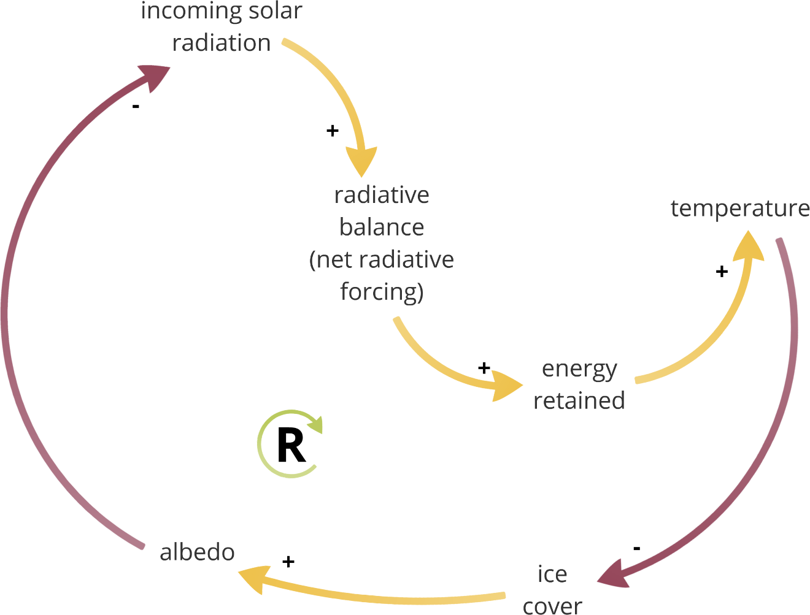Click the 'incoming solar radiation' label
222,27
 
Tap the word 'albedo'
197,552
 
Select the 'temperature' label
740,208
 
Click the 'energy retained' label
579,384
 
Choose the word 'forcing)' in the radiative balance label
382,292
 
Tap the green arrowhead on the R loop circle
315,425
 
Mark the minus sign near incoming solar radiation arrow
136,107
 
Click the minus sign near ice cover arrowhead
636,548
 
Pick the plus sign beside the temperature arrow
722,271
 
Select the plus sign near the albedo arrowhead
288,561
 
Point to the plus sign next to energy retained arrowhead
484,368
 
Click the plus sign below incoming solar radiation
332,131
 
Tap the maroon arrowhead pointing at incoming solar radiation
153,75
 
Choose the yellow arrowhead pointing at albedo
255,578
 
